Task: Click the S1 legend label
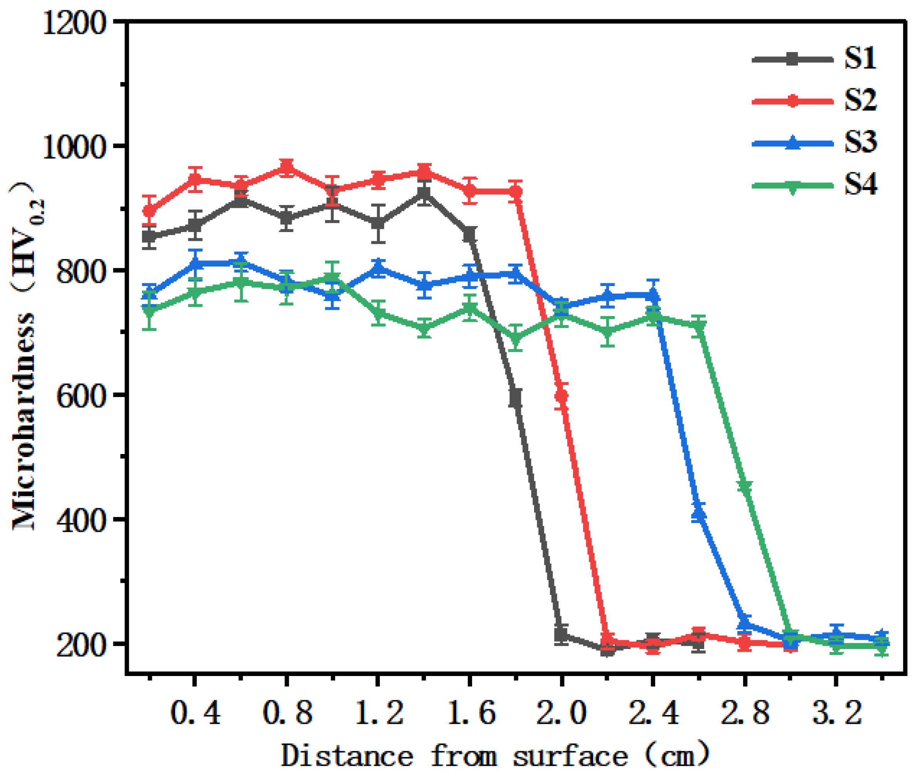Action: click(x=860, y=59)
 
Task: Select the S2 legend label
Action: click(x=860, y=101)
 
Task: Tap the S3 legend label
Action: click(x=860, y=143)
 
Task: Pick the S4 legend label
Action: click(x=860, y=185)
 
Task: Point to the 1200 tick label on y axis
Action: click(x=74, y=22)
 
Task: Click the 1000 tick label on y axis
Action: click(x=74, y=147)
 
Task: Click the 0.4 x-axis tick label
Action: click(x=195, y=713)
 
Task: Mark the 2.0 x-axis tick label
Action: click(x=561, y=713)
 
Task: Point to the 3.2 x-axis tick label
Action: click(x=836, y=713)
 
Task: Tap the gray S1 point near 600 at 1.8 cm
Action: click(x=516, y=398)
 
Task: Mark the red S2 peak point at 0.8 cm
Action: click(x=287, y=167)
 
